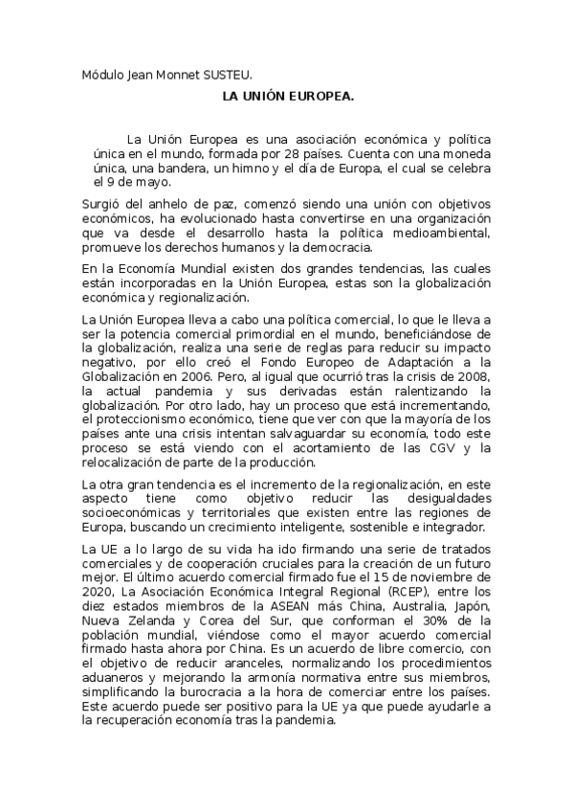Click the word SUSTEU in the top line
pos(231,73)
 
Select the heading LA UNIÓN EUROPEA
pos(288,97)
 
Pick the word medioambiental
pos(443,233)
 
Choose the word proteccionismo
pos(127,418)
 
